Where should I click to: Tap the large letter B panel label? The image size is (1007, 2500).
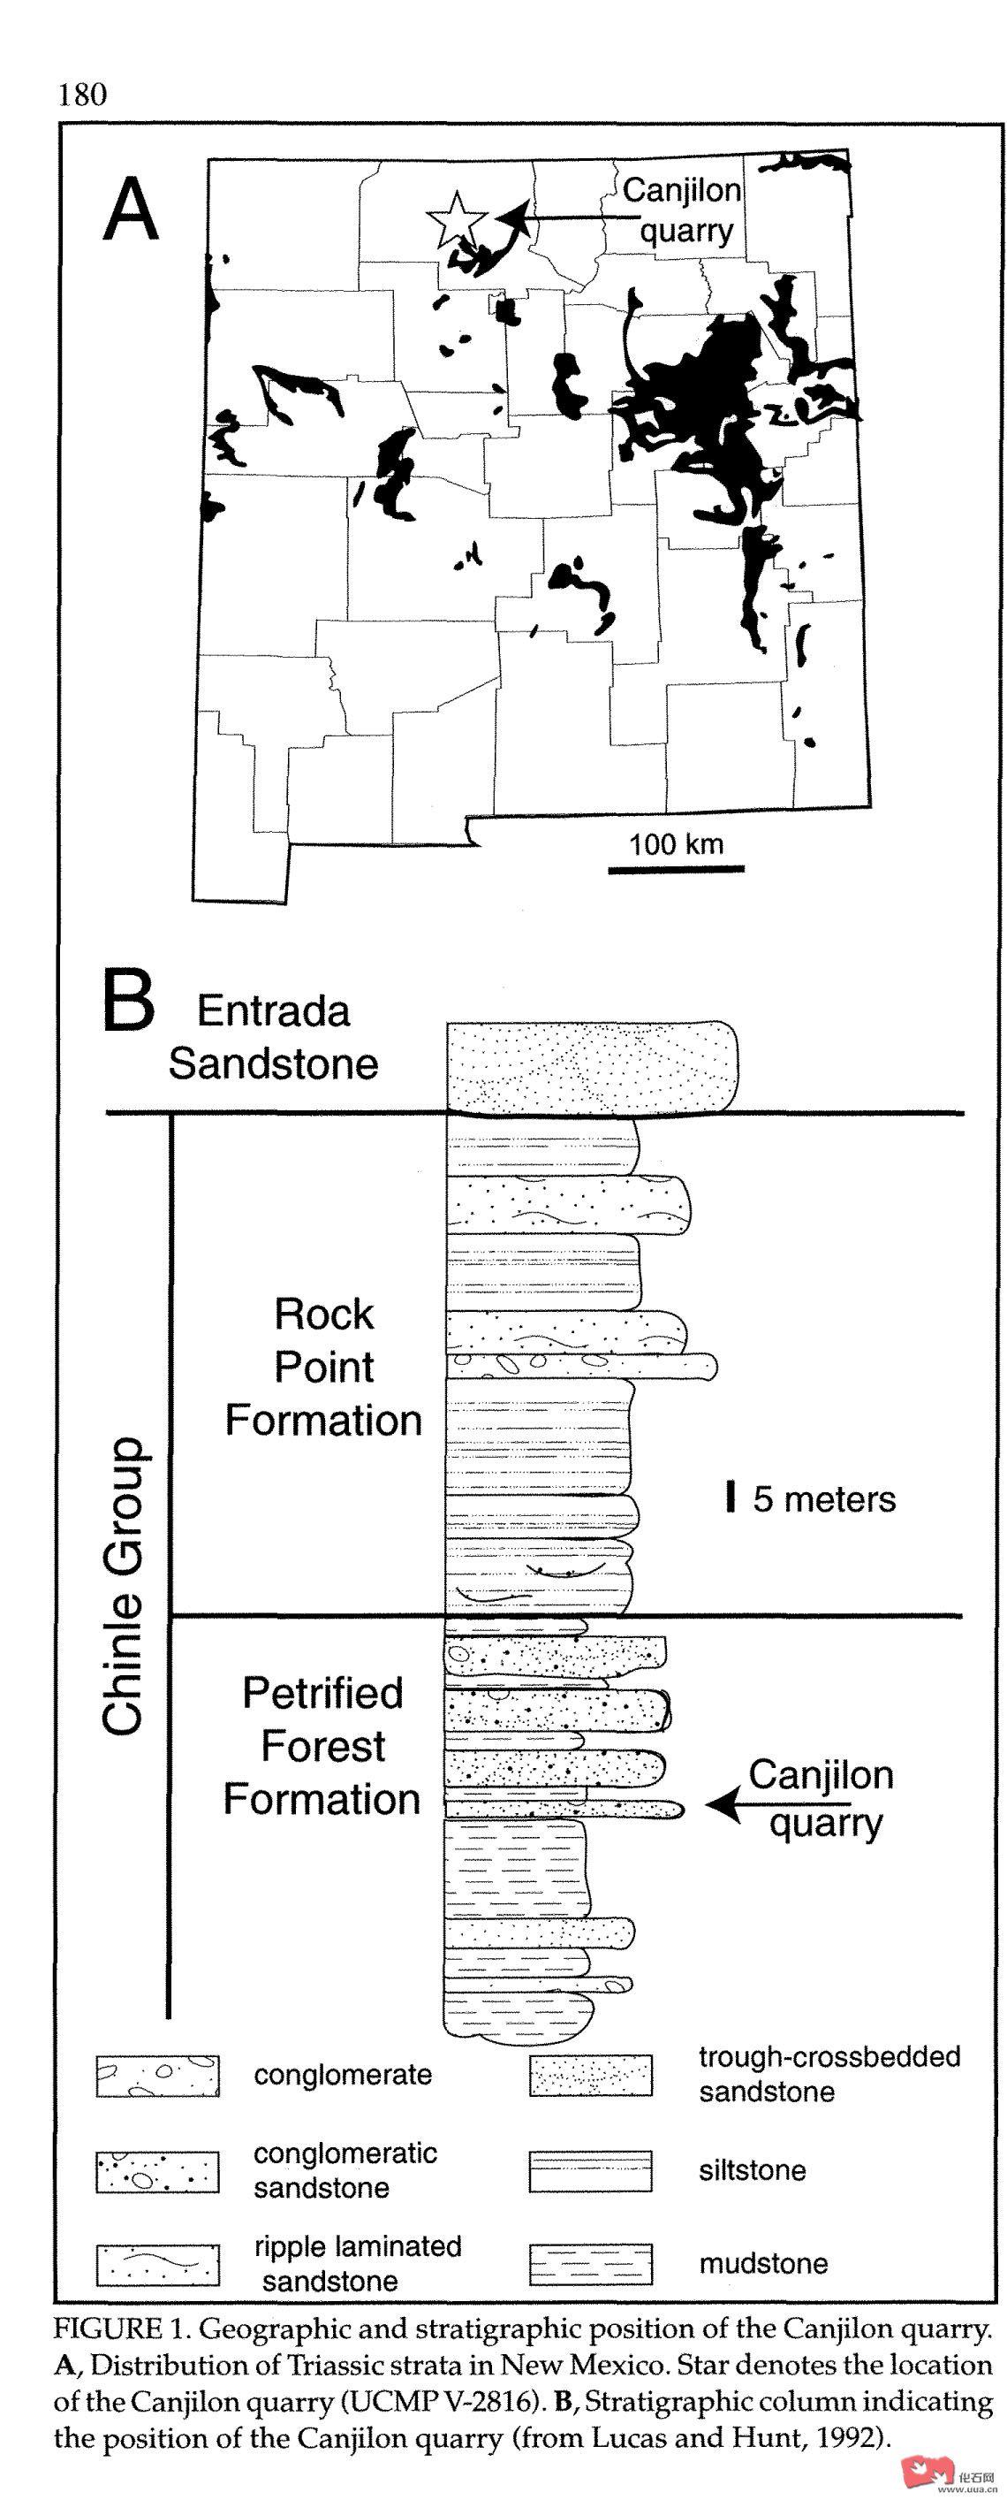[128, 1004]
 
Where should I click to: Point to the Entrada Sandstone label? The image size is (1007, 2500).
[274, 1038]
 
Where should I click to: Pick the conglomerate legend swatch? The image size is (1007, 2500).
[157, 2077]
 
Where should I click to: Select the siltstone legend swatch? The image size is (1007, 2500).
[590, 2170]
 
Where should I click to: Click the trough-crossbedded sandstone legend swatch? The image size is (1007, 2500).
[590, 2077]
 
